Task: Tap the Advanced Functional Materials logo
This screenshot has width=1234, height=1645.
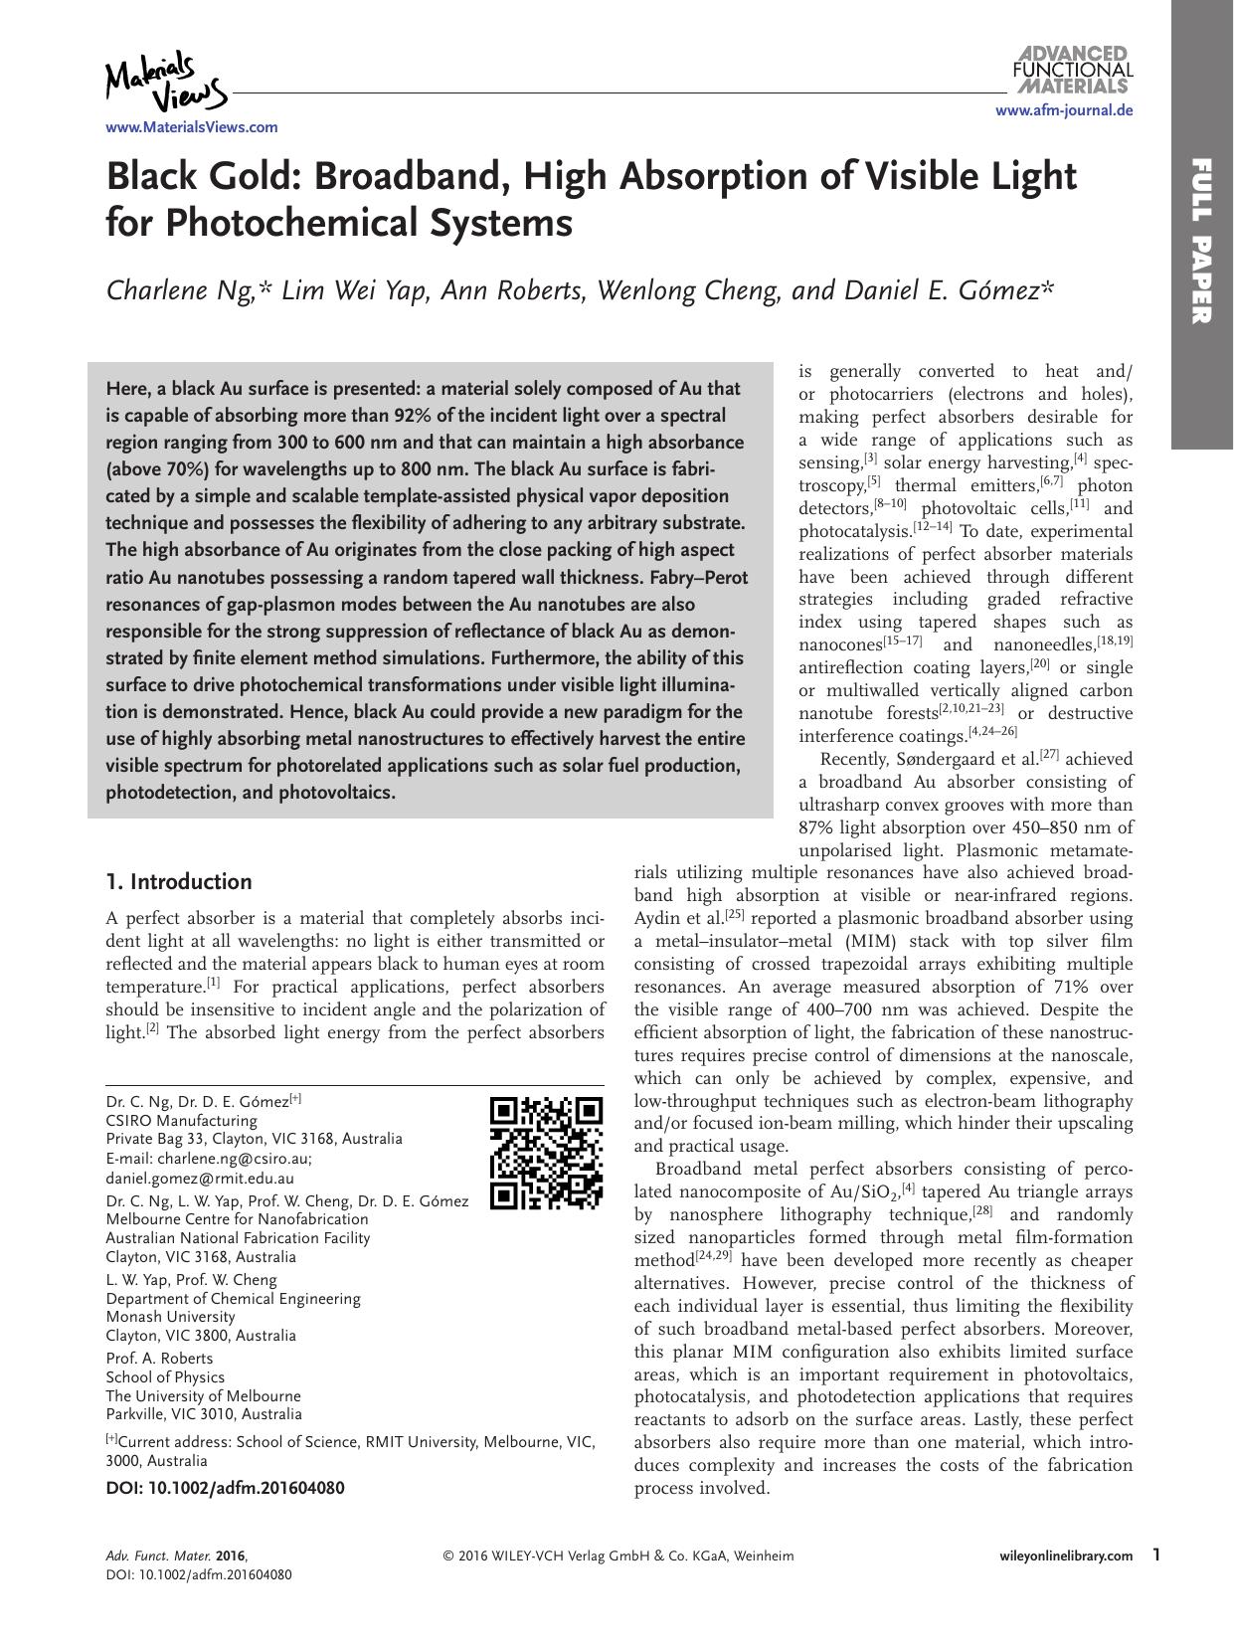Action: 1072,69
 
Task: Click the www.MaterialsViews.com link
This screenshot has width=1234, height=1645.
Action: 192,127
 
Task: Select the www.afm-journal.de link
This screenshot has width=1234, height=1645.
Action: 1064,111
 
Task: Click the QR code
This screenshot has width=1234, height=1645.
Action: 547,1153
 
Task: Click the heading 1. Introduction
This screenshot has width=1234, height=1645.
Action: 179,882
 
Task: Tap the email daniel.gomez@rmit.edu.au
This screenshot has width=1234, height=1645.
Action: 200,1178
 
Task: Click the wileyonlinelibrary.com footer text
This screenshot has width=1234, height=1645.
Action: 1065,1555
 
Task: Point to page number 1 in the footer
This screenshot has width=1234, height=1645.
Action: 1155,1554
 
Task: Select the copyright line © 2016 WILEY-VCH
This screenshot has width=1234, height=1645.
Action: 617,1556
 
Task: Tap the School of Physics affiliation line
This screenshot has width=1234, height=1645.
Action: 165,1377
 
